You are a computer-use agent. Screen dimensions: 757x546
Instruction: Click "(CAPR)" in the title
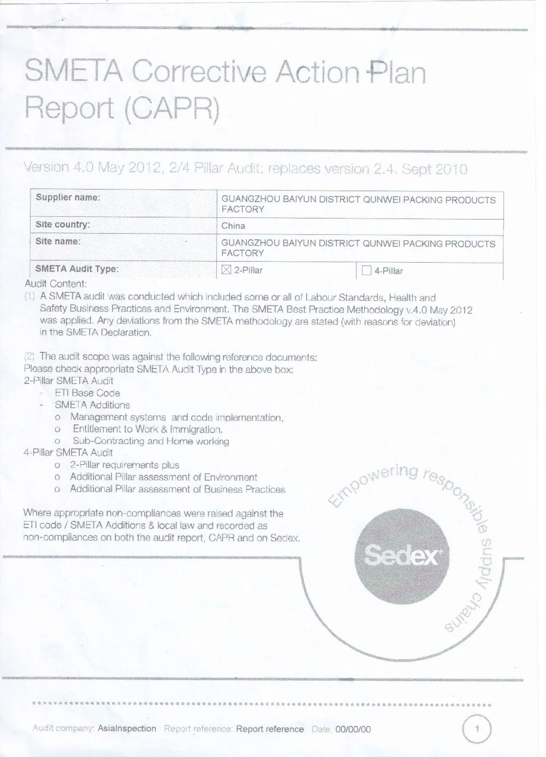coord(172,109)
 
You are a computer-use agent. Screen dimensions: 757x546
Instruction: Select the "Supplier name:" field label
coord(68,197)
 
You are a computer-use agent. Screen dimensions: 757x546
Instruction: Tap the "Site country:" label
coord(63,224)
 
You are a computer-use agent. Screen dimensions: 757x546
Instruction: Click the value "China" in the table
coord(233,226)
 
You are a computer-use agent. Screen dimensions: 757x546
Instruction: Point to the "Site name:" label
coord(58,241)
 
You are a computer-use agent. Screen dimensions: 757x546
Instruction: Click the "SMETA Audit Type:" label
coord(76,269)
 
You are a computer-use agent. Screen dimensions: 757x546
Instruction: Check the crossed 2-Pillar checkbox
coord(227,270)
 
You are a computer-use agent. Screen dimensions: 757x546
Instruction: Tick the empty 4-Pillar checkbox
coord(367,270)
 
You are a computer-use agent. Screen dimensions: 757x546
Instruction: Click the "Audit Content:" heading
coord(56,284)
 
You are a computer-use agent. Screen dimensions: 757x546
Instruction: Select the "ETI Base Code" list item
coord(87,393)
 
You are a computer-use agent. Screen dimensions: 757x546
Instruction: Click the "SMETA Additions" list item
coord(92,405)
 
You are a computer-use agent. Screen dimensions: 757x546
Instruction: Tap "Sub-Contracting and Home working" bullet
coord(151,441)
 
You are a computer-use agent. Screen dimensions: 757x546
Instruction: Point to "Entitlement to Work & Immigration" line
coord(147,429)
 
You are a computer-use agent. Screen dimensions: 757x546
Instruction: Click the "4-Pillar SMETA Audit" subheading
coord(68,453)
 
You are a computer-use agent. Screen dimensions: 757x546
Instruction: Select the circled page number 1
coord(477,729)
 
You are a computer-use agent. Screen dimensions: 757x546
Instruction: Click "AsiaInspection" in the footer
coord(127,729)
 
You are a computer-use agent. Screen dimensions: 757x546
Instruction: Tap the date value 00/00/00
coord(353,729)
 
